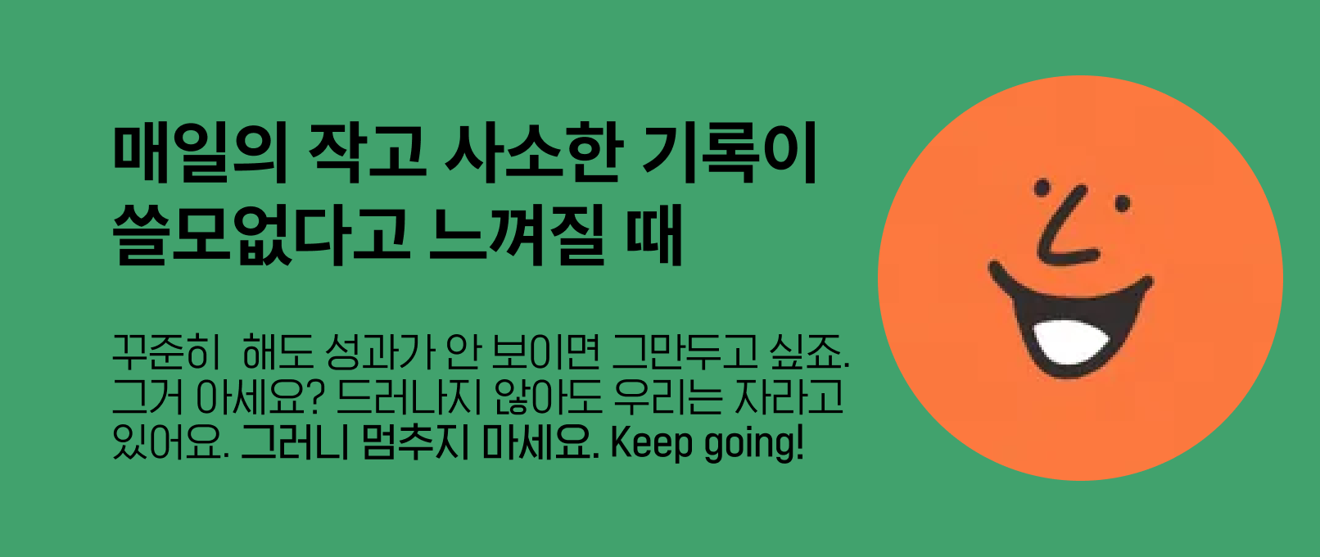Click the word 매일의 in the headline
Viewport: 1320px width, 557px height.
200,152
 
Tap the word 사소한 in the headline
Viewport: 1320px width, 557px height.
533,152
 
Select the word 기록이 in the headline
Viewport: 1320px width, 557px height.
730,152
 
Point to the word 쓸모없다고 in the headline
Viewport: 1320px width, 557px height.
261,234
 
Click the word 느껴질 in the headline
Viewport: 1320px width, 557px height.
517,234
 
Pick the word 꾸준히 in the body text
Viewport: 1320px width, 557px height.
166,352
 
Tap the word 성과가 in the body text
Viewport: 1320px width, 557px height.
380,352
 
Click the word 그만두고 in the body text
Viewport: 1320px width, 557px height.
685,352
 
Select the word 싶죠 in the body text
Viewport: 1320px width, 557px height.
806,352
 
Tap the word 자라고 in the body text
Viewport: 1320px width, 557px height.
789,396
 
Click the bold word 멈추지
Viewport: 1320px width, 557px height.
415,442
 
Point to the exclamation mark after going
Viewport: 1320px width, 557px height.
799,442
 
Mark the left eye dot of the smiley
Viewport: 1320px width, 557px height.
1042,187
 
